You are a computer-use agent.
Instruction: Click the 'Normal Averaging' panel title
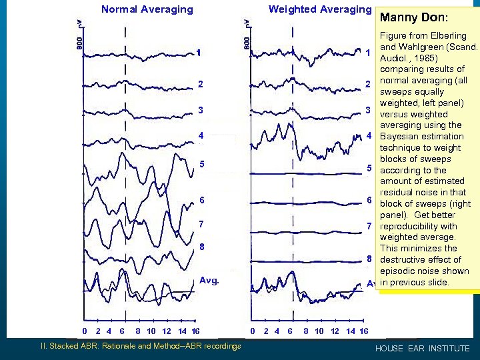click(x=147, y=9)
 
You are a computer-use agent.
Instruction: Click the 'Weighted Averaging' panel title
click(x=319, y=9)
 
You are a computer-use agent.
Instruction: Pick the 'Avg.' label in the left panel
click(x=209, y=281)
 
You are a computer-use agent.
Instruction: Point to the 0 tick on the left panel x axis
click(x=85, y=331)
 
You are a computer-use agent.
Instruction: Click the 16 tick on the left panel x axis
click(x=195, y=331)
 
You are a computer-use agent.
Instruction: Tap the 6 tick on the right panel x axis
click(x=291, y=331)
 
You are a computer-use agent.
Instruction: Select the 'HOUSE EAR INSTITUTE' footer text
click(x=423, y=349)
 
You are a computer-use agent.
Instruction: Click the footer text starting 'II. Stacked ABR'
click(x=141, y=346)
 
